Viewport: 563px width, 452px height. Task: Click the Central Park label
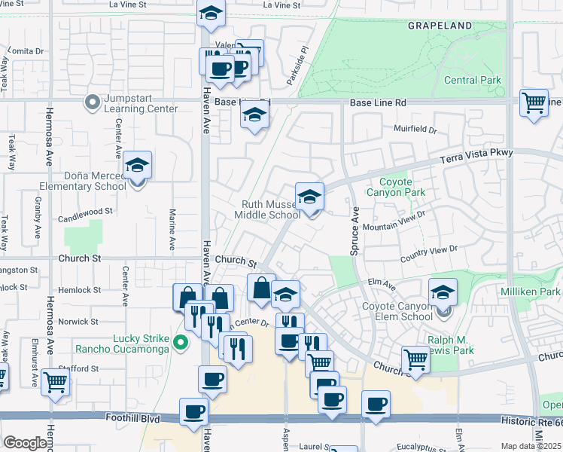(x=472, y=80)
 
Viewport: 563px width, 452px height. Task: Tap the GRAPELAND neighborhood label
(x=440, y=26)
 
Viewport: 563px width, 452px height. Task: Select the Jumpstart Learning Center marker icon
(x=92, y=101)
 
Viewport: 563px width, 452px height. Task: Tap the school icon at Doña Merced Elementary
(x=138, y=165)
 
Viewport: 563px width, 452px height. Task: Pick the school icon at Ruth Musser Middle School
(x=309, y=197)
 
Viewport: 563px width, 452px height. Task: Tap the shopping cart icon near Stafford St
(x=56, y=381)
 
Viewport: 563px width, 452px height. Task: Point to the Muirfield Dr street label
(x=411, y=130)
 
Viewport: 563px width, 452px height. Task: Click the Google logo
(x=25, y=443)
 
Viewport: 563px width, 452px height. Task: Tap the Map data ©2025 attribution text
(x=531, y=446)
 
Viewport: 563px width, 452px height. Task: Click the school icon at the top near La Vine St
(x=211, y=14)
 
